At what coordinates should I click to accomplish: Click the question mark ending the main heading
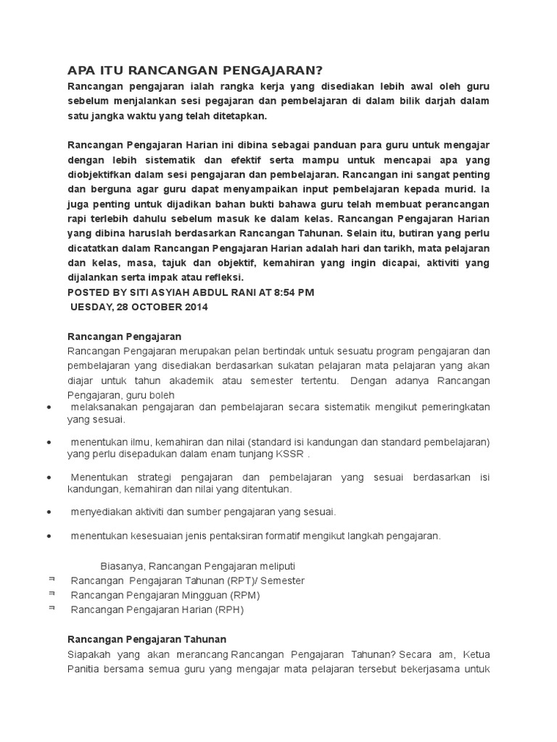pyautogui.click(x=318, y=70)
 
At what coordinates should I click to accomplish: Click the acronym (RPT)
pyautogui.click(x=239, y=580)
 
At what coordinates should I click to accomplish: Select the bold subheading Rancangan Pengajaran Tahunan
pyautogui.click(x=147, y=639)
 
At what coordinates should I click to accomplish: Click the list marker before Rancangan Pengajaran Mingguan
pyautogui.click(x=52, y=593)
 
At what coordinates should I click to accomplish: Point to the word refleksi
pyautogui.click(x=223, y=277)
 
